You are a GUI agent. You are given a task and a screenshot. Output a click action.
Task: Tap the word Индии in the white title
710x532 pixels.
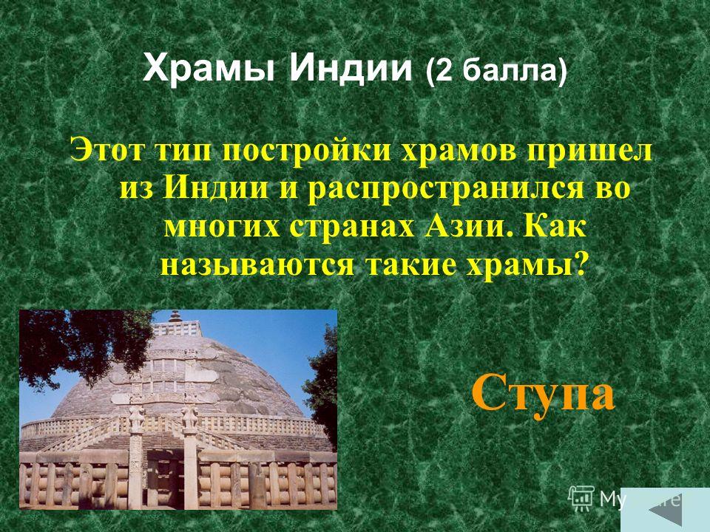(351, 68)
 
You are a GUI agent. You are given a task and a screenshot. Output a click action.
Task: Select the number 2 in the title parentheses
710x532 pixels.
(444, 71)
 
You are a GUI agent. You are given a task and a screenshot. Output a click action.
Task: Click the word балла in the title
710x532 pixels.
(510, 71)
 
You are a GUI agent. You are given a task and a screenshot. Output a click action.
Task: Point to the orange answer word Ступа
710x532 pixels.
(543, 392)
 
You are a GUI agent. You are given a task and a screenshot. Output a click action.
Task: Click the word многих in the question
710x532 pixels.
(223, 227)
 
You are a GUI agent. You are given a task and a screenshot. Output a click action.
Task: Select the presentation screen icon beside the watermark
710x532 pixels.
(581, 498)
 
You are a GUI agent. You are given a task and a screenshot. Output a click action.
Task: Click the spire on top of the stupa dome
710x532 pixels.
(175, 316)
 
